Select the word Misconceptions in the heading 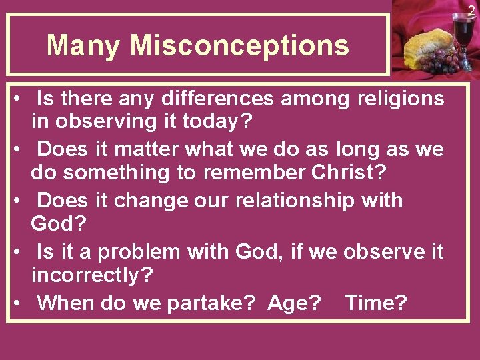pos(239,46)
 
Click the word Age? pos(294,303)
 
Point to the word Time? pos(376,303)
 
